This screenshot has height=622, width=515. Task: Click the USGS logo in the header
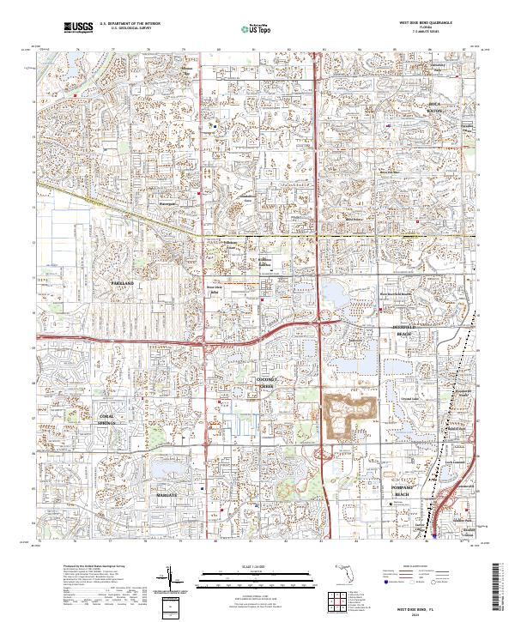tap(78, 28)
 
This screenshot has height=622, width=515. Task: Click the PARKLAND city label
tap(123, 282)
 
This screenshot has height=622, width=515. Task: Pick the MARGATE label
tap(167, 495)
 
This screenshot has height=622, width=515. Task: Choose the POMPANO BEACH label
tap(403, 491)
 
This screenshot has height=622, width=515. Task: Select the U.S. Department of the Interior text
tap(129, 24)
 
